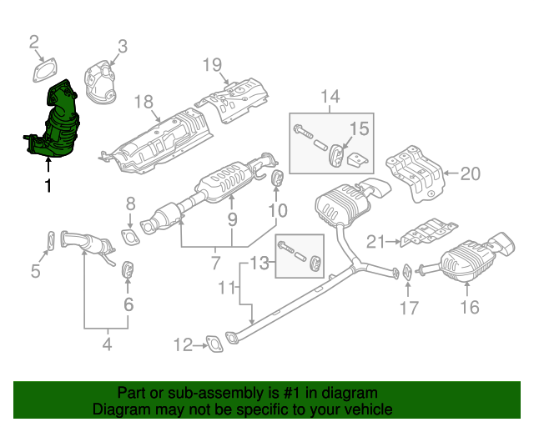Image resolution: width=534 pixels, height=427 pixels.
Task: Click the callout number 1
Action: tap(48, 186)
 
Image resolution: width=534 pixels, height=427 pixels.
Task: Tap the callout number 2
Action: tap(34, 42)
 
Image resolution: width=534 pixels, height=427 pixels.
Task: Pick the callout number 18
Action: tap(144, 103)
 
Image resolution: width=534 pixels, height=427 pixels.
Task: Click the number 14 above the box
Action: tap(330, 98)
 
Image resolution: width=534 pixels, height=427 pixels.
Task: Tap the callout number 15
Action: tap(358, 128)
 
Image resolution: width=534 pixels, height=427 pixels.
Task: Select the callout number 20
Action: tap(471, 173)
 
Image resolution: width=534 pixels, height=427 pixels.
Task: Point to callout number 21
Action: tap(376, 242)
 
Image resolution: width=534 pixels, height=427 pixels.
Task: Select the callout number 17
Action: tap(408, 308)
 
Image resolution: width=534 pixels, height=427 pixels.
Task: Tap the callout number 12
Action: tap(183, 343)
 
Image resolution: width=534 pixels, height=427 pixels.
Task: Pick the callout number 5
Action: tap(35, 270)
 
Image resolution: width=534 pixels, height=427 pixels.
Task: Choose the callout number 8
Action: tap(130, 203)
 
